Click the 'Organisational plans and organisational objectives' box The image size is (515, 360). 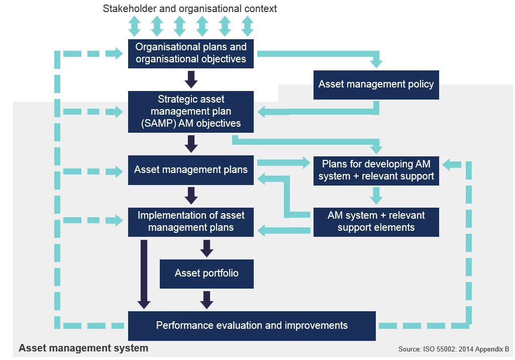tap(191, 53)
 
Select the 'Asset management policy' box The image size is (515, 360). tap(376, 84)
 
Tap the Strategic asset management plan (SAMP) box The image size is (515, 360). tap(191, 112)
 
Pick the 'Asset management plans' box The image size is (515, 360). tap(191, 170)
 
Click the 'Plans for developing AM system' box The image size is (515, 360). tap(376, 170)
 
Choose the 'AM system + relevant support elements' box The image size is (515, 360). tap(376, 222)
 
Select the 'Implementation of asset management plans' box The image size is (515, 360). tap(191, 222)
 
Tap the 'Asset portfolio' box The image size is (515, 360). tap(207, 274)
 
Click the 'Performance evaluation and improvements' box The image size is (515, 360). tap(252, 326)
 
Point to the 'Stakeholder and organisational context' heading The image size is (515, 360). tap(190, 9)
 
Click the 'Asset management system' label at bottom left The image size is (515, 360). tap(83, 348)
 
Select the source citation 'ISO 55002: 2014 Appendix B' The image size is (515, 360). tap(454, 349)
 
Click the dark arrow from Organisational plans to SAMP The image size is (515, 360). tap(191, 79)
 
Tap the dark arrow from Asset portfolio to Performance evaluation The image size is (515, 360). tap(207, 299)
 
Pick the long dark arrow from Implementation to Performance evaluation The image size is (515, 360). tap(144, 274)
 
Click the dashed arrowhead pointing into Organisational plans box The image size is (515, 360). tap(119, 53)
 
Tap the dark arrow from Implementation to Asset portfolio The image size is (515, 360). tap(207, 248)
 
